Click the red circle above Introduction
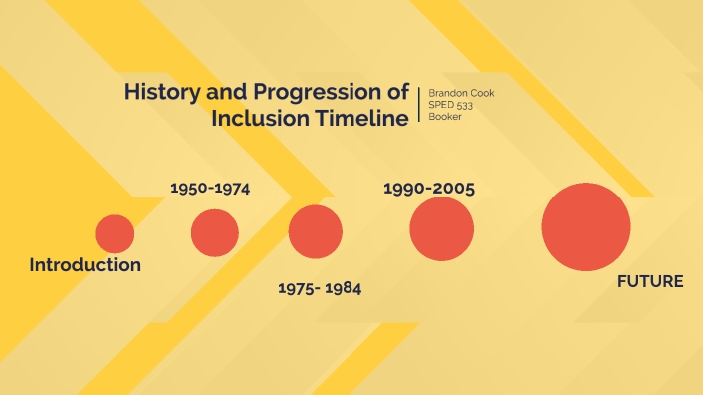pyautogui.click(x=115, y=233)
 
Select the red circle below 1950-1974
pyautogui.click(x=215, y=232)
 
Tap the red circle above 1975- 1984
pyautogui.click(x=315, y=231)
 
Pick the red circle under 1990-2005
pyautogui.click(x=441, y=229)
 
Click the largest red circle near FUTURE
pyautogui.click(x=586, y=226)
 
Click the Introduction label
pyautogui.click(x=85, y=265)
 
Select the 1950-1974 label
pyautogui.click(x=210, y=188)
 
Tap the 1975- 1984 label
pyautogui.click(x=319, y=289)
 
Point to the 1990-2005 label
pyautogui.click(x=429, y=188)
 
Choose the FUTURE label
pyautogui.click(x=650, y=282)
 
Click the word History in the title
pyautogui.click(x=158, y=93)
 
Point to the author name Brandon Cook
pyautogui.click(x=460, y=93)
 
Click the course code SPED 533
pyautogui.click(x=450, y=105)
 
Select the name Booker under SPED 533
pyautogui.click(x=445, y=117)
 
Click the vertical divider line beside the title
pyautogui.click(x=419, y=105)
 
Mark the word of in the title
pyautogui.click(x=396, y=93)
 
